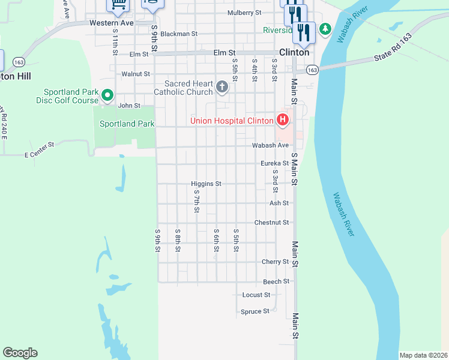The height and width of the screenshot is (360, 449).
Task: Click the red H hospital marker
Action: tap(283, 121)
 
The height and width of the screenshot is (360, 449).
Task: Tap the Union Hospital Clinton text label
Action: tap(232, 121)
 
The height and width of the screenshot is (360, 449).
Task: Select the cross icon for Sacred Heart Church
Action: tap(222, 88)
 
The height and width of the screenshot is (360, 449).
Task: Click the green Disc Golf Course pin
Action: tap(107, 95)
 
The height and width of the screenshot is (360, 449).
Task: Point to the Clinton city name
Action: tap(294, 52)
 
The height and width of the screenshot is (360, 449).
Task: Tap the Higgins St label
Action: tap(206, 184)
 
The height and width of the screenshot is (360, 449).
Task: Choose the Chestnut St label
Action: tap(272, 222)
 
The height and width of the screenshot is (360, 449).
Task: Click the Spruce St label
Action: tap(255, 311)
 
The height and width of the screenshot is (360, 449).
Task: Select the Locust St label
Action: tap(256, 295)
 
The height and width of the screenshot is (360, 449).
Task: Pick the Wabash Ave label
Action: tap(270, 145)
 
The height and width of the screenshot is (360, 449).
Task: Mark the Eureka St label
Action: tap(274, 163)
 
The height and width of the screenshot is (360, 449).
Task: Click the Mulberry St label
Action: tap(244, 13)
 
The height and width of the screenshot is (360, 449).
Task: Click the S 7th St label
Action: tap(196, 202)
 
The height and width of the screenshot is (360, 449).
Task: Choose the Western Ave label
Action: tap(111, 23)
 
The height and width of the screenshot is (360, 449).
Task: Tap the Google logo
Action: tap(20, 353)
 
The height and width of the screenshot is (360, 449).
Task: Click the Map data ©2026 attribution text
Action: tap(423, 355)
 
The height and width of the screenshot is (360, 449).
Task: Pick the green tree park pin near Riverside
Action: tap(325, 28)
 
